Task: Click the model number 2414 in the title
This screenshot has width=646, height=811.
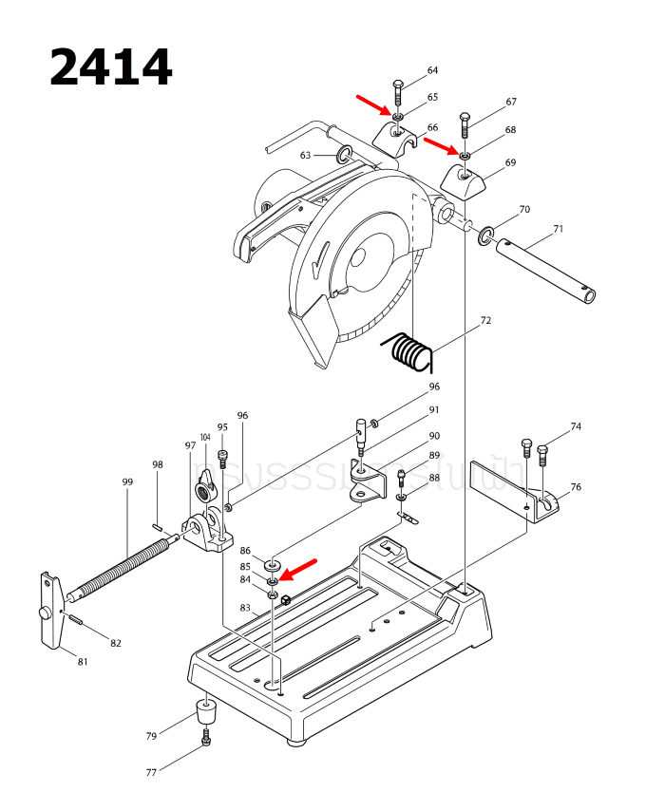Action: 110,68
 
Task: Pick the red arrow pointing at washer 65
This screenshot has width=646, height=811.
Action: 373,104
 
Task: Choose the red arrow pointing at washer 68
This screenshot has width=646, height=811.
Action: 441,144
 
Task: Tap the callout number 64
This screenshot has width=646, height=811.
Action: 432,71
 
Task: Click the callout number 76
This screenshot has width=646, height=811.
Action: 576,487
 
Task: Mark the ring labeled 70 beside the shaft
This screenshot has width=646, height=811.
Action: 487,234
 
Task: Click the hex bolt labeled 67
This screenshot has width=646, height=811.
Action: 465,124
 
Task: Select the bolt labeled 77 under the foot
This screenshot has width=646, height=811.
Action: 206,739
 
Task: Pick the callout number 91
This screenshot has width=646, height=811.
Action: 434,410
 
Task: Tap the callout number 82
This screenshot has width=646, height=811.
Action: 116,643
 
